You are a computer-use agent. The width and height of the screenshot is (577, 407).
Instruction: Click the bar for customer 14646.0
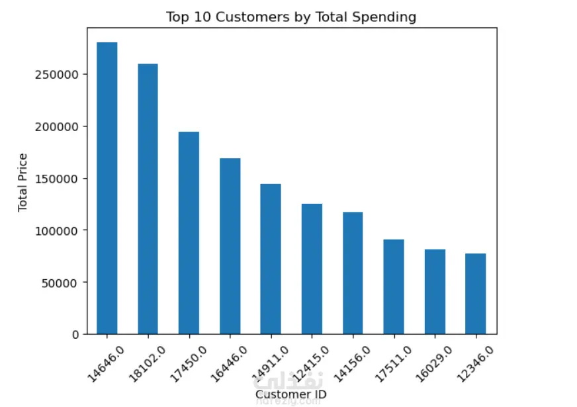(x=107, y=189)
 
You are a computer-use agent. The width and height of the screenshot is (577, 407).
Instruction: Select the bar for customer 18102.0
(x=148, y=199)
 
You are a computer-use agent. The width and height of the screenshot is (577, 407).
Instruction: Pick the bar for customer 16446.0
(x=230, y=246)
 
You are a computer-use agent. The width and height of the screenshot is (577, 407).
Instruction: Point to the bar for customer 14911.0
(x=271, y=259)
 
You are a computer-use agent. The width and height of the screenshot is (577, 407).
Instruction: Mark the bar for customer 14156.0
(x=353, y=273)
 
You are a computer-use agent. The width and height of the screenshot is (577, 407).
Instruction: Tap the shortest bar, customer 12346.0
(x=476, y=294)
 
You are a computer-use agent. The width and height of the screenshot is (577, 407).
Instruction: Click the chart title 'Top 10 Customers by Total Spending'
(x=291, y=17)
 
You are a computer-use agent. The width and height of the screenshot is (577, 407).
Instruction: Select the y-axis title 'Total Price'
(x=23, y=182)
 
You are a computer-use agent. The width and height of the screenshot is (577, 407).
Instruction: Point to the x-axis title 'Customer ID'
(x=291, y=394)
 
